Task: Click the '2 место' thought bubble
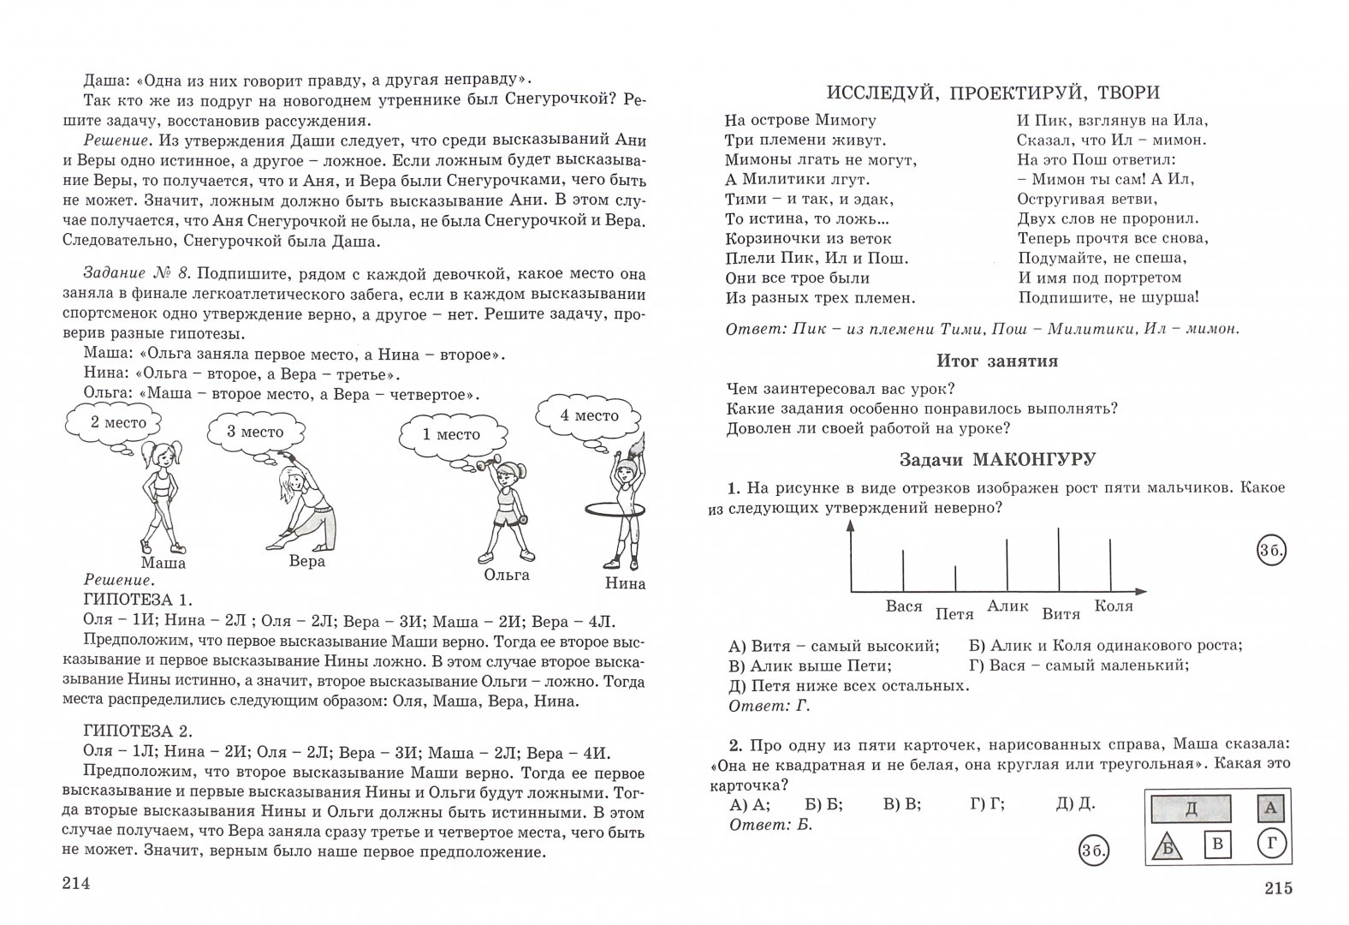tap(118, 422)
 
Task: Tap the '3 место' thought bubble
tap(254, 433)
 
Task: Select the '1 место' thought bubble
tap(451, 434)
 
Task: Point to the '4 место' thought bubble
tap(589, 416)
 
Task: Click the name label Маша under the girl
tap(163, 563)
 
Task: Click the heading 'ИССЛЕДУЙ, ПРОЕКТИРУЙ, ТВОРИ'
tap(993, 93)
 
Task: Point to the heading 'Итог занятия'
tap(997, 361)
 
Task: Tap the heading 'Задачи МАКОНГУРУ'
tap(997, 460)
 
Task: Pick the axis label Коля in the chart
tap(1113, 606)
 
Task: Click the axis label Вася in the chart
tap(904, 606)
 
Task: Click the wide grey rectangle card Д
tap(1191, 808)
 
